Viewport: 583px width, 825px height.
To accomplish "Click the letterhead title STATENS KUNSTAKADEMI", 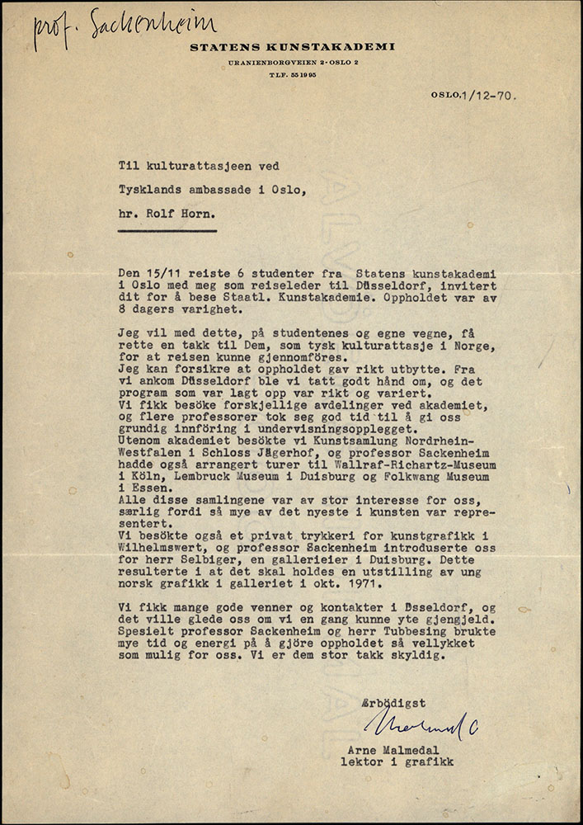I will coord(292,47).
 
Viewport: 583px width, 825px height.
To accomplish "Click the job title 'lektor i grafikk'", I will coord(396,762).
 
